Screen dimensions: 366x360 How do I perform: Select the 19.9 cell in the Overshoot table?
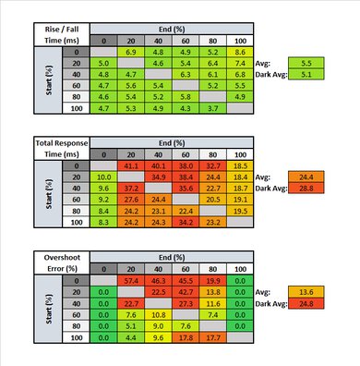[212, 278]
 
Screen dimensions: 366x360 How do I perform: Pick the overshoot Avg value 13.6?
[306, 290]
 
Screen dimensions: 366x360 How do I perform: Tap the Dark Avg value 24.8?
[306, 302]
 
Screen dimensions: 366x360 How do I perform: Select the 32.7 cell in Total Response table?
[212, 164]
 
